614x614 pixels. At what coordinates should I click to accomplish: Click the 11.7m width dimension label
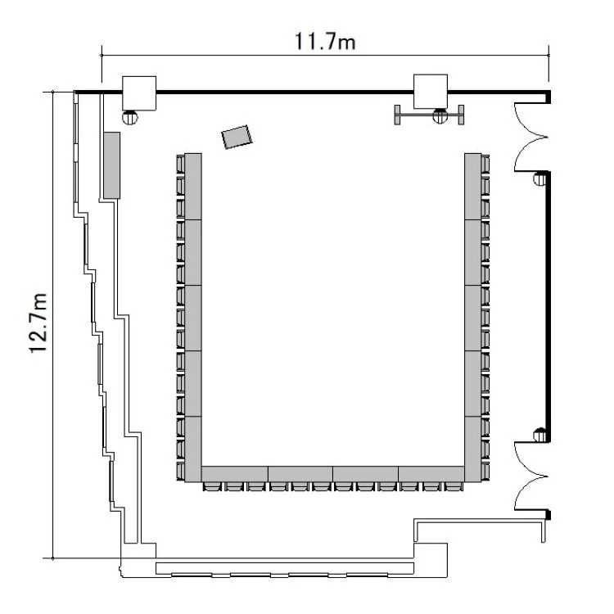325,42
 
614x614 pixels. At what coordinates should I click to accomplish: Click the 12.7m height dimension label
38,323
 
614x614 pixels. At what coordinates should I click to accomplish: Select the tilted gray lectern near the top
237,137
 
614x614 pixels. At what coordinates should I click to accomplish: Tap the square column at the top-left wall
139,93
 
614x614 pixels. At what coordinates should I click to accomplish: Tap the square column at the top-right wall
431,91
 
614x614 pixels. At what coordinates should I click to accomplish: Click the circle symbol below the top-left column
130,117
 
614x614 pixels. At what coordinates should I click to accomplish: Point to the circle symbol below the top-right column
440,115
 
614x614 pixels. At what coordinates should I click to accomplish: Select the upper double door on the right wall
530,137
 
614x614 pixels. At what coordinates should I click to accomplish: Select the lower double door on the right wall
530,476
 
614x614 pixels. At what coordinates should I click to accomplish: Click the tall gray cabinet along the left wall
111,165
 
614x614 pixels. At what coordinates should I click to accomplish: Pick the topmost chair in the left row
180,164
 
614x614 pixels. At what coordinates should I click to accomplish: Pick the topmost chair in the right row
485,164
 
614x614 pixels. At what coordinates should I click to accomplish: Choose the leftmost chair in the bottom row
213,486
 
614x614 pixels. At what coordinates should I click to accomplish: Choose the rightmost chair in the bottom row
454,486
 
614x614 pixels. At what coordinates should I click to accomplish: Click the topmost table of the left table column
193,187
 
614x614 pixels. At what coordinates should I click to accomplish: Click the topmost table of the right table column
473,187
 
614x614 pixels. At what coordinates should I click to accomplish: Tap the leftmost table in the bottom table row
235,474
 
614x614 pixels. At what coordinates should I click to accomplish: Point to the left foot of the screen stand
397,115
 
